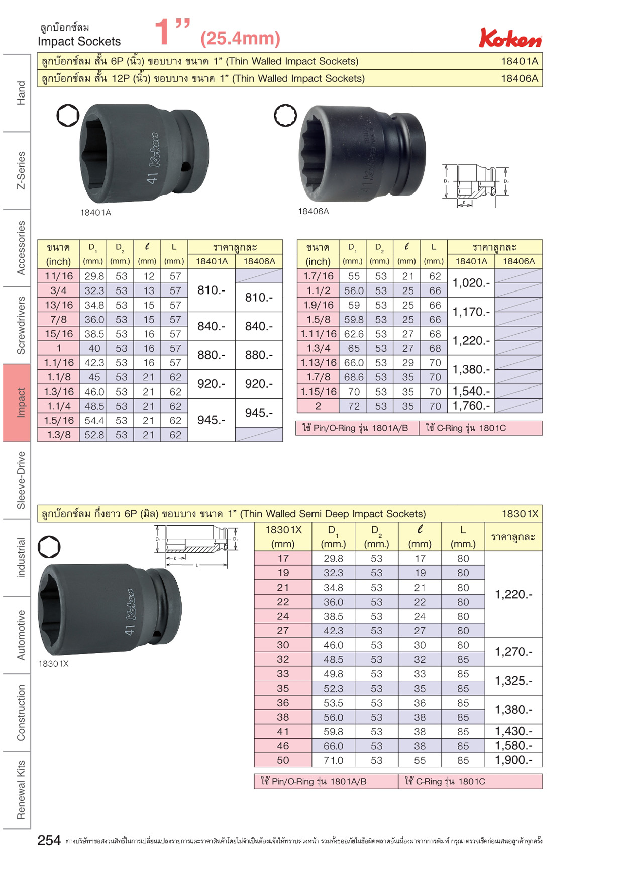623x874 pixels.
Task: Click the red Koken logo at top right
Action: pos(510,38)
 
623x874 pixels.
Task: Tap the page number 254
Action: pos(49,840)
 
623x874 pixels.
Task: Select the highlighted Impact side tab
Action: pos(17,403)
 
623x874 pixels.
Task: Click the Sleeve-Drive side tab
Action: pos(21,480)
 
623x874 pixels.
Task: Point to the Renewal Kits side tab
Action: pos(21,790)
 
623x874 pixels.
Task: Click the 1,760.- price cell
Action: pos(471,406)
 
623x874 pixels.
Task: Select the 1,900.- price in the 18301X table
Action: pos(513,760)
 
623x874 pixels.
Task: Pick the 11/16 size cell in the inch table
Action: pos(59,276)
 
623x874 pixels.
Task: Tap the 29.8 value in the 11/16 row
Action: pos(94,276)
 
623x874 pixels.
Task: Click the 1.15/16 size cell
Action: pos(318,391)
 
